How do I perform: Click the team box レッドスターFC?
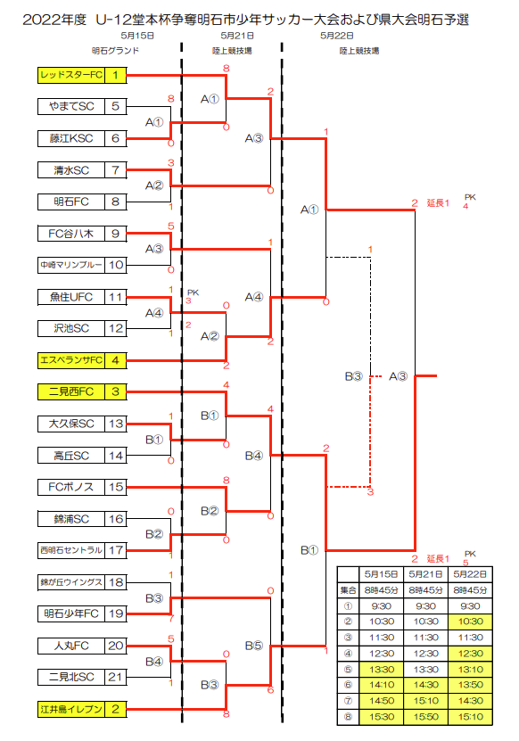click(71, 75)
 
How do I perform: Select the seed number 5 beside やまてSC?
click(115, 106)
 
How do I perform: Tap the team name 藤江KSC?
click(71, 138)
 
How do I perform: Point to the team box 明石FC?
click(71, 202)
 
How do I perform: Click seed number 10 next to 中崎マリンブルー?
click(116, 265)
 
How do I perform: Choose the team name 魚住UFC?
click(71, 297)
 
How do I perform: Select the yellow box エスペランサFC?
click(71, 360)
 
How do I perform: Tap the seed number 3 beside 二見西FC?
click(115, 391)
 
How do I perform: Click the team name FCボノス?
click(71, 487)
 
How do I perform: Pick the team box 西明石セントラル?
click(71, 550)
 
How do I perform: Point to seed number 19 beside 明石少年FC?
click(116, 613)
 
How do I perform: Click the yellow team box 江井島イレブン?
click(71, 709)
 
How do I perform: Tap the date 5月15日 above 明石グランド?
click(137, 36)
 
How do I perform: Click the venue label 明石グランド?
click(115, 51)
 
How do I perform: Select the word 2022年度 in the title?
click(54, 20)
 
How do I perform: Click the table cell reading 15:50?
click(426, 717)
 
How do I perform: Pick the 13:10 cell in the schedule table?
click(470, 670)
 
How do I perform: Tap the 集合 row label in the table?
click(348, 590)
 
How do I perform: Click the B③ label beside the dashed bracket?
click(353, 376)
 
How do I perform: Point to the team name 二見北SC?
click(71, 677)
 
